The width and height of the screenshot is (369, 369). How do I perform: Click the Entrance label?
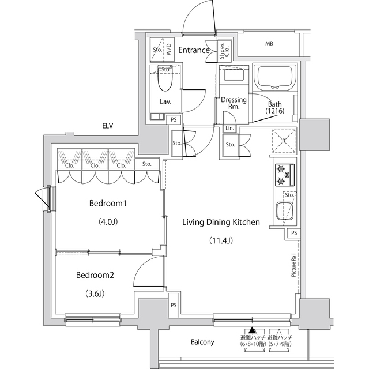[x=193, y=50]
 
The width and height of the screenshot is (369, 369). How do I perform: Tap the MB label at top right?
[x=269, y=44]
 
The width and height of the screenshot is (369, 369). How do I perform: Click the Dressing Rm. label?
[x=234, y=103]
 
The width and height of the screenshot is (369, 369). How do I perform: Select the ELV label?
[x=107, y=125]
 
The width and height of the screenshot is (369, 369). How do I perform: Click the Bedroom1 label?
[x=108, y=204]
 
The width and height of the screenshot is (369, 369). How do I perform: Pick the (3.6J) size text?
[x=95, y=293]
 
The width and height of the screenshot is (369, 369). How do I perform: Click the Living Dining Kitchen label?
[x=221, y=222]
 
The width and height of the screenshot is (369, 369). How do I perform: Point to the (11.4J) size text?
[x=220, y=240]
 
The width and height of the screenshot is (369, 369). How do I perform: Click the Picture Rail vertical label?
[x=293, y=266]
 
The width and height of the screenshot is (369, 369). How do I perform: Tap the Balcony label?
[x=202, y=342]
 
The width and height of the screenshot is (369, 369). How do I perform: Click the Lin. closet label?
[x=229, y=128]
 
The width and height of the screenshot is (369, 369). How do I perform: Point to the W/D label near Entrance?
[x=170, y=50]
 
